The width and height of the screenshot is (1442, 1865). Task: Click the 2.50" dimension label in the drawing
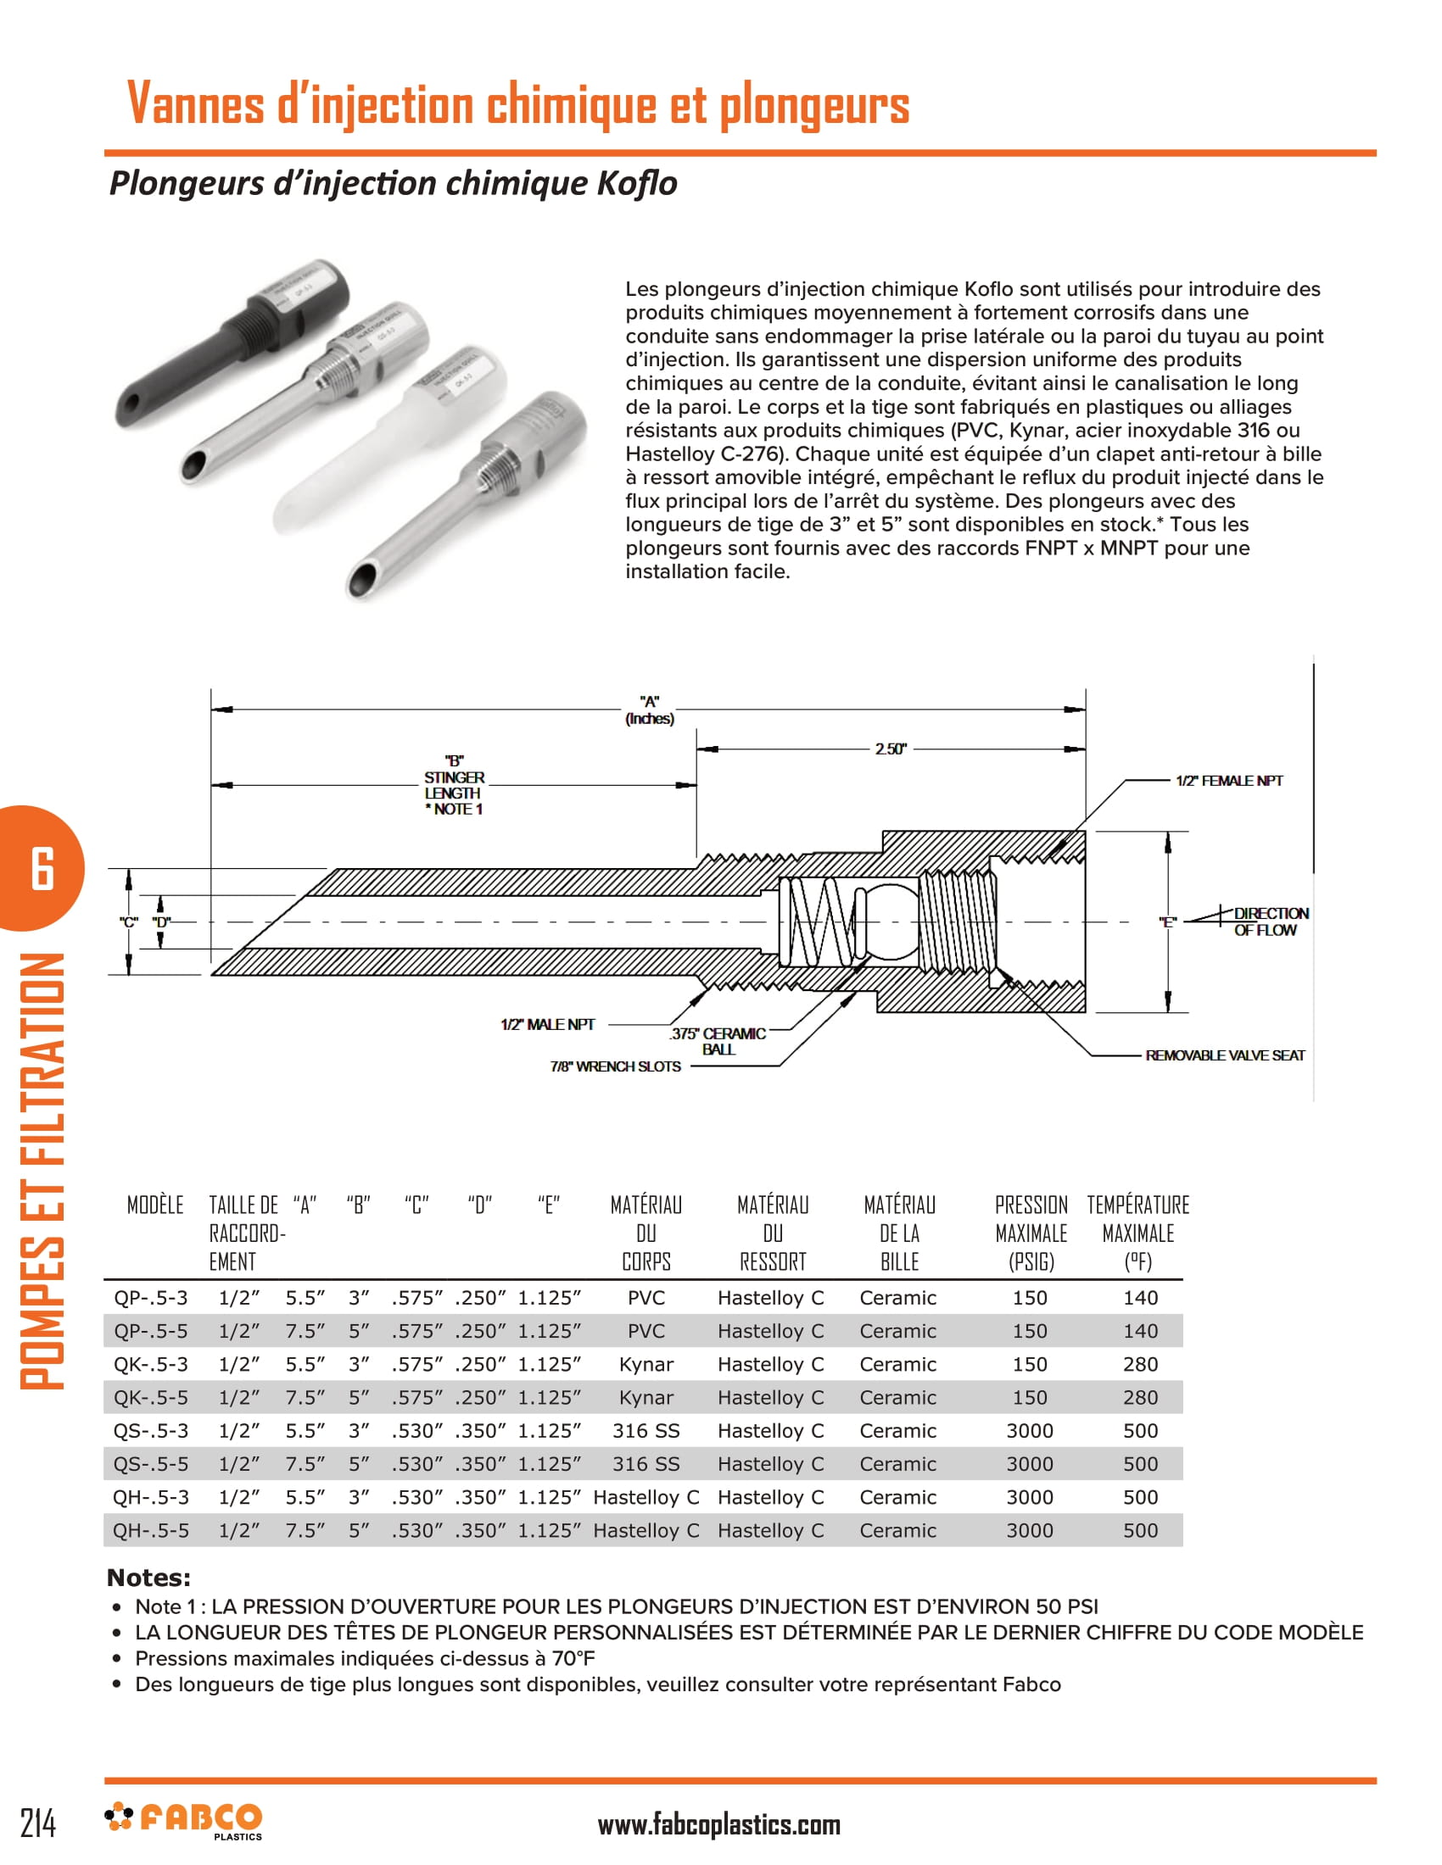pyautogui.click(x=889, y=749)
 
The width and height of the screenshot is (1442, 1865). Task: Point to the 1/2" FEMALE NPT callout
pyautogui.click(x=1228, y=781)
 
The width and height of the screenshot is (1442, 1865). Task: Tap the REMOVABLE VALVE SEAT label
pyautogui.click(x=1224, y=1055)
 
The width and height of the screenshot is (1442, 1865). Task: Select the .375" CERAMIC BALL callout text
pyautogui.click(x=717, y=1041)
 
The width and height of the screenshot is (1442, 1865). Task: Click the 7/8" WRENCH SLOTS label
pyautogui.click(x=615, y=1066)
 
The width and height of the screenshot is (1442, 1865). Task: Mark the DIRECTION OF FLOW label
pyautogui.click(x=1270, y=921)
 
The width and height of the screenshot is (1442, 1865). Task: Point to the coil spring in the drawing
pyautogui.click(x=819, y=921)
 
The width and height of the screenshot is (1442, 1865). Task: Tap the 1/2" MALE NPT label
pyautogui.click(x=548, y=1024)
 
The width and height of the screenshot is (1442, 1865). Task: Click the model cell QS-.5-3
pyautogui.click(x=151, y=1430)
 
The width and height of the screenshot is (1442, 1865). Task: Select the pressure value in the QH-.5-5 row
pyautogui.click(x=1030, y=1530)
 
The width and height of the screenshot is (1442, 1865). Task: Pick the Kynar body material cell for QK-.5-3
pyautogui.click(x=646, y=1364)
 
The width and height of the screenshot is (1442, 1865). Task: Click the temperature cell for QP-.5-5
pyautogui.click(x=1139, y=1330)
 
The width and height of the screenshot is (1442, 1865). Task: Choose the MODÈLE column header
pyautogui.click(x=155, y=1205)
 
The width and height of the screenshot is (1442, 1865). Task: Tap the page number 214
pyautogui.click(x=38, y=1823)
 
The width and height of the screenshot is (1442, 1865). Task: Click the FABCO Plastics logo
pyautogui.click(x=184, y=1820)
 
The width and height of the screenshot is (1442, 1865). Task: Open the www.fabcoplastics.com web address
pyautogui.click(x=718, y=1825)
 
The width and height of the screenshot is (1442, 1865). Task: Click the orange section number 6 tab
pyautogui.click(x=42, y=867)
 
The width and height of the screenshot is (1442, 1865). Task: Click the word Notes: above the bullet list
pyautogui.click(x=148, y=1578)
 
